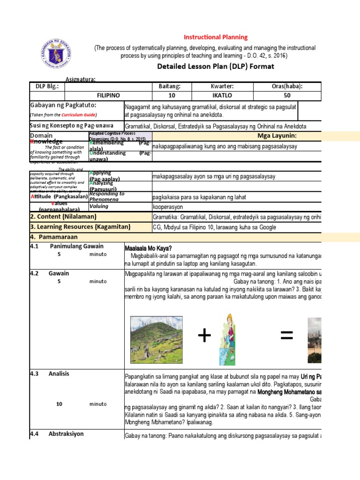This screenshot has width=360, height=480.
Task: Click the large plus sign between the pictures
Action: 204,336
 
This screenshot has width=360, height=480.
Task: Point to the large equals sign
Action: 286,336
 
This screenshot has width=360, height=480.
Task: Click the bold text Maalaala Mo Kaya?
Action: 148,248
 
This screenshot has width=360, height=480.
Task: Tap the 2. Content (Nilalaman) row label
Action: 63,217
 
